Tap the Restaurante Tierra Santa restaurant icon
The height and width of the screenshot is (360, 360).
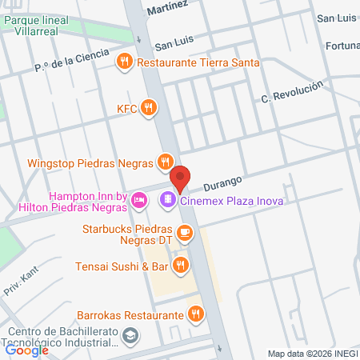pos(124,61)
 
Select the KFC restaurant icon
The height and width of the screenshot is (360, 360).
pos(148,107)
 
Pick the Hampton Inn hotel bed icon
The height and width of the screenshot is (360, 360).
pos(138,199)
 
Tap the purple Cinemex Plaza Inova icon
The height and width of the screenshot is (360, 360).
pos(168,199)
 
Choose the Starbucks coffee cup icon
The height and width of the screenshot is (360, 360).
pos(185,233)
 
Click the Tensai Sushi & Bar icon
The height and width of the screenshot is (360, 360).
pos(182,266)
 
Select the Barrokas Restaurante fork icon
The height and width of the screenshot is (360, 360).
pos(194,314)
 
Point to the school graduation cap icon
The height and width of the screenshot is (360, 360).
pos(130,338)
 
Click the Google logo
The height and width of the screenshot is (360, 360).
pos(26,350)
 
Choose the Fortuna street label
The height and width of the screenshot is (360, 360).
pos(343,46)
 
